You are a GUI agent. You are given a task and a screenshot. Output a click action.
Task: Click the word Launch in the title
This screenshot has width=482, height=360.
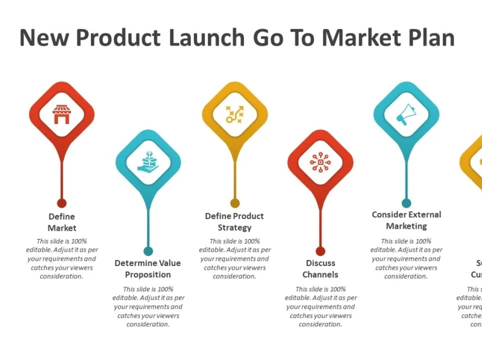[207, 38]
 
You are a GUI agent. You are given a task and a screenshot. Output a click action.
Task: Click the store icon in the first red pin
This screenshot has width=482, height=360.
[61, 114]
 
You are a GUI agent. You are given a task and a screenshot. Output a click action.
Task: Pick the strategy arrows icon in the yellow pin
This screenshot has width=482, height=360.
[234, 114]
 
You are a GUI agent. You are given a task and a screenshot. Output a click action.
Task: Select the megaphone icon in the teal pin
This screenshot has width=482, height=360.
[406, 114]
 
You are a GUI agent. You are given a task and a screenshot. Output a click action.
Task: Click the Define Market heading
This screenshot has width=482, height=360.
[62, 222]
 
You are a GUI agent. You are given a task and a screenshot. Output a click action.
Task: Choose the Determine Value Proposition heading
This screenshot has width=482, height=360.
[148, 268]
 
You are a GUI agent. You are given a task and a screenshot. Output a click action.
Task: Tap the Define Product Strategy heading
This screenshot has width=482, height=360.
[234, 222]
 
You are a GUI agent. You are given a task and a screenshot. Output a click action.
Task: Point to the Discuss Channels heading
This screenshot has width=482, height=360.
[321, 268]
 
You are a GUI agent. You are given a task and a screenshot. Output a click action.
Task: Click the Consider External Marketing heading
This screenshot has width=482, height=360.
[406, 220]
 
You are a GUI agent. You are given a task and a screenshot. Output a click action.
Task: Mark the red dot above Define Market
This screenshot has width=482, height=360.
[61, 203]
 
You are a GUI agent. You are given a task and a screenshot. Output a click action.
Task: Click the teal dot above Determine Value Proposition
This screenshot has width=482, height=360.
[148, 251]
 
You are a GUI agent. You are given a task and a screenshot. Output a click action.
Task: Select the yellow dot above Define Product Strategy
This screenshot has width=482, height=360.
[235, 203]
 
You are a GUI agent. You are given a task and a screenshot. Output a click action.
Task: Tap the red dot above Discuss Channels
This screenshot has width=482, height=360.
[321, 251]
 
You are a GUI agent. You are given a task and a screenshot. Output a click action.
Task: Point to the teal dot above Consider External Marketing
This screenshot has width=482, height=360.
[406, 203]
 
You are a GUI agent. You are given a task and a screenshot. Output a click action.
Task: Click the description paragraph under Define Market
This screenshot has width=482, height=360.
[62, 259]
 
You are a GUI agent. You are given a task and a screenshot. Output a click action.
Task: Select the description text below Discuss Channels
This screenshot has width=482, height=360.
[321, 306]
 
